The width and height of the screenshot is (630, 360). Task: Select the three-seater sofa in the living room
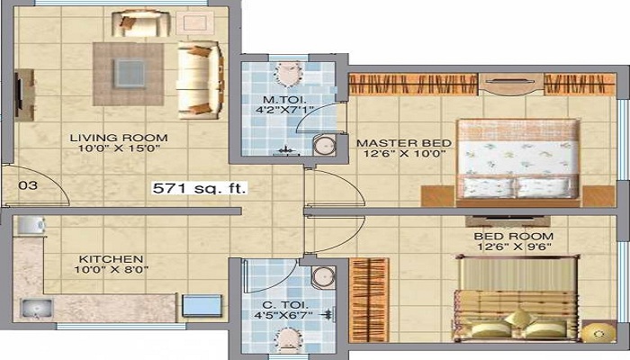(199, 78)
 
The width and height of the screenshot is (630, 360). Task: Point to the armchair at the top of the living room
(154, 23)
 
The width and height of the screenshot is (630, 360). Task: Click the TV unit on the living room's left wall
(21, 94)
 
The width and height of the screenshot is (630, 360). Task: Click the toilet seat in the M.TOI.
(291, 74)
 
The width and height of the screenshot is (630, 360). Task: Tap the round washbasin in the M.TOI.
(322, 146)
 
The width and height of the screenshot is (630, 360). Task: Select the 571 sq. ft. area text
(199, 189)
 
